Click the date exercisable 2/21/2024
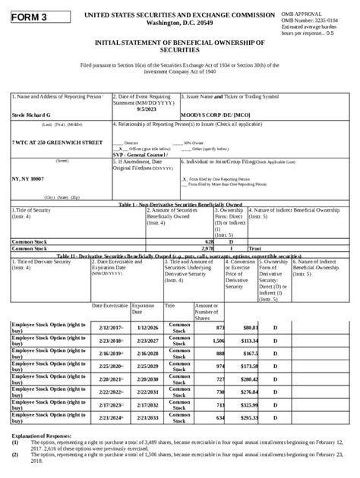click(x=111, y=417)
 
